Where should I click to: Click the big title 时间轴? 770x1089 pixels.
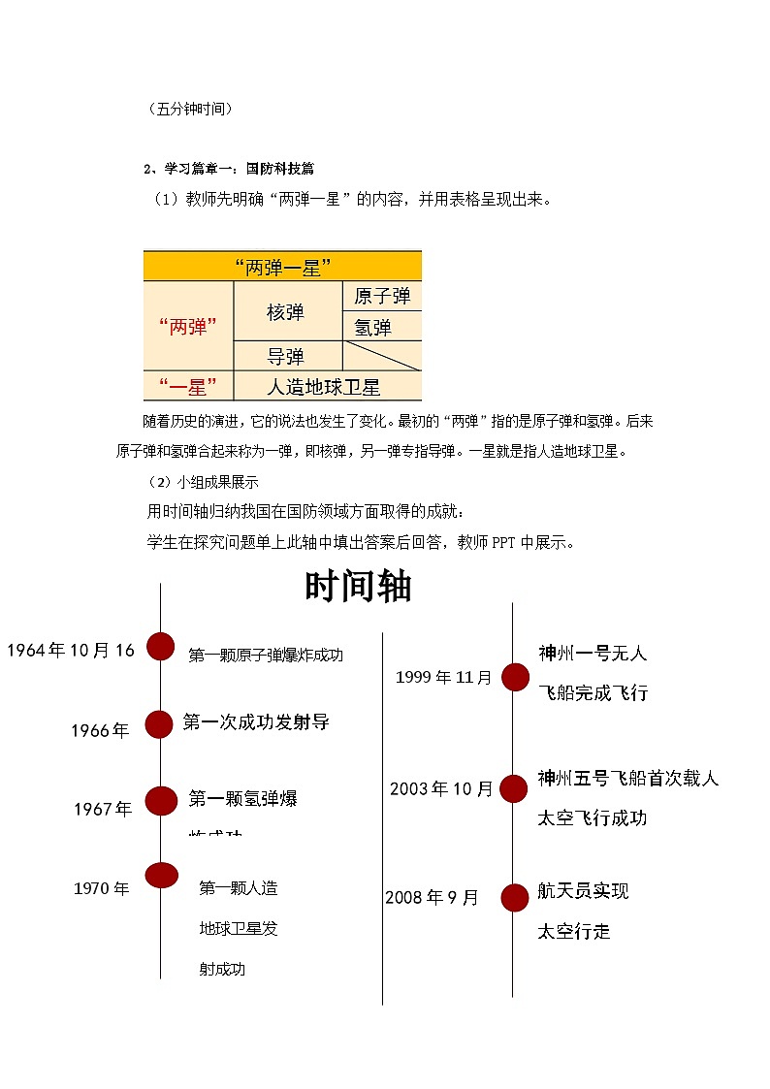tap(358, 587)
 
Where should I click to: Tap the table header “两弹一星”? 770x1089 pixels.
tap(282, 266)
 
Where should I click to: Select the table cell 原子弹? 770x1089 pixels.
tap(382, 296)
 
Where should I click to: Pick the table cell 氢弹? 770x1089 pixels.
tap(372, 327)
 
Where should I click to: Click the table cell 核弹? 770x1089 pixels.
tap(286, 311)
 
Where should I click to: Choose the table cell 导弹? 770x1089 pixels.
tap(286, 356)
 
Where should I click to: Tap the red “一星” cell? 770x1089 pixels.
tap(188, 387)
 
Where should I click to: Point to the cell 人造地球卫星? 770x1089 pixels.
tap(323, 387)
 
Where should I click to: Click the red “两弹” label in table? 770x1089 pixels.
tap(187, 327)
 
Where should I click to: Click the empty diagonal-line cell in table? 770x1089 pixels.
tap(383, 355)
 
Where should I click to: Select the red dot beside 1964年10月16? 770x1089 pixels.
tap(160, 647)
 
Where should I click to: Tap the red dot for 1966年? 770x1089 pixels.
tap(159, 723)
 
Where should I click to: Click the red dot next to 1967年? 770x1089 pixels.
tap(161, 800)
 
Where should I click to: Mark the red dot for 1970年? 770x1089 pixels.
tap(161, 875)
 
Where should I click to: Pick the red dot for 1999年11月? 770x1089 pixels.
tap(514, 678)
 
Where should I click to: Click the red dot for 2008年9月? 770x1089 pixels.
tap(514, 898)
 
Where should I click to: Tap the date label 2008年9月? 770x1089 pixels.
tap(433, 898)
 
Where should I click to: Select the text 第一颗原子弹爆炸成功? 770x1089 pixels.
tap(266, 656)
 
